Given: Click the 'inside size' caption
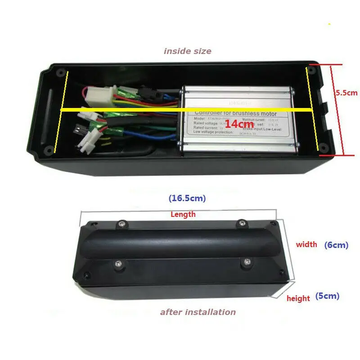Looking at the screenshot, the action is pos(187,51).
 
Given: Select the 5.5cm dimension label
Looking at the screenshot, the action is pos(346,93).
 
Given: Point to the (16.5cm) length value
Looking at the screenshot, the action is pos(187,198).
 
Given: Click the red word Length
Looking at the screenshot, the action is pos(183,215).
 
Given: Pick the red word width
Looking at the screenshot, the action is pos(306,245).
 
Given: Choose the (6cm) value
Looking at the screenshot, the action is pos(336,245).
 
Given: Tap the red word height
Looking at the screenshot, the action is pos(298,298).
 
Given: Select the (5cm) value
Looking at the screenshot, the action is pos(327,296).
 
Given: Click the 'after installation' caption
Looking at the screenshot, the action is pos(198,312).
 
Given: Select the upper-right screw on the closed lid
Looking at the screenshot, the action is pos(242,222).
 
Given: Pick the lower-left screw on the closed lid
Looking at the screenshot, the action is pos(120,264).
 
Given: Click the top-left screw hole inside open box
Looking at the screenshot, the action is pos(60,72).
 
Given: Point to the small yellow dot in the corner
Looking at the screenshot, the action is pos(329,23).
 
